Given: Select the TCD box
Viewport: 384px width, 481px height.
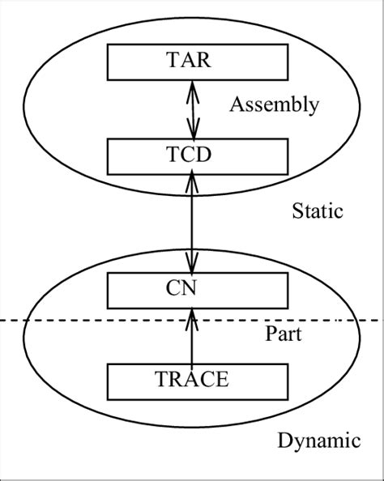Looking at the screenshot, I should click(192, 155).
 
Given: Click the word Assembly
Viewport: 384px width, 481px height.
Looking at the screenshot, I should click(274, 104).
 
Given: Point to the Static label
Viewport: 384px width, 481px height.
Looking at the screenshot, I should click(318, 212).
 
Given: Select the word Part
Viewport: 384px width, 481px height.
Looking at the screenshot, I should click(284, 334).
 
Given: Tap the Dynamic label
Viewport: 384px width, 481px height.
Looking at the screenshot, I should click(318, 441).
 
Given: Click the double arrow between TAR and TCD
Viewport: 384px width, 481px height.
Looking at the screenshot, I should click(192, 108).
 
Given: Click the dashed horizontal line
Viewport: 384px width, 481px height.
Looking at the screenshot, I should click(81, 321).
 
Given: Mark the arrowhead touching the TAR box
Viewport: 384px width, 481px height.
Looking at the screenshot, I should click(192, 84).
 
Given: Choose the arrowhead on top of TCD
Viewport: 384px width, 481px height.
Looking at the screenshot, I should click(192, 131).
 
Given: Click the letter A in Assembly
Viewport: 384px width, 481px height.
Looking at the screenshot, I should click(236, 104).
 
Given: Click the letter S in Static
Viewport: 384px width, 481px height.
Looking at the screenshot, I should click(297, 212).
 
